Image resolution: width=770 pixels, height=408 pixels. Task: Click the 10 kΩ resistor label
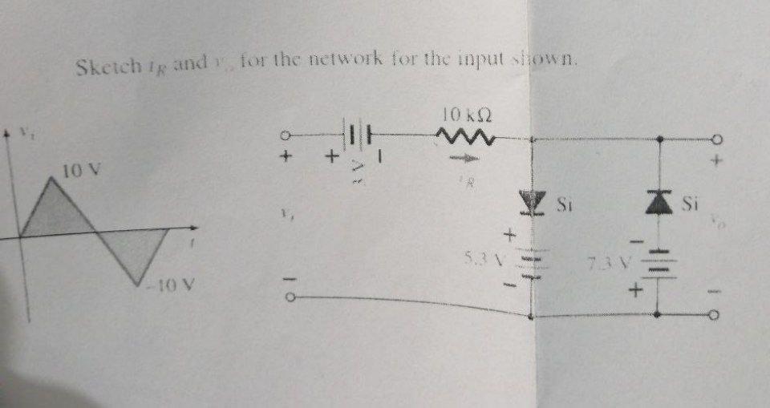pyautogui.click(x=466, y=117)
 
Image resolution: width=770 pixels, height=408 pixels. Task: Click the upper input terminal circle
pyautogui.click(x=286, y=135)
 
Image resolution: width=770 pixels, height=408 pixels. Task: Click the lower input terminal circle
pyautogui.click(x=292, y=298)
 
